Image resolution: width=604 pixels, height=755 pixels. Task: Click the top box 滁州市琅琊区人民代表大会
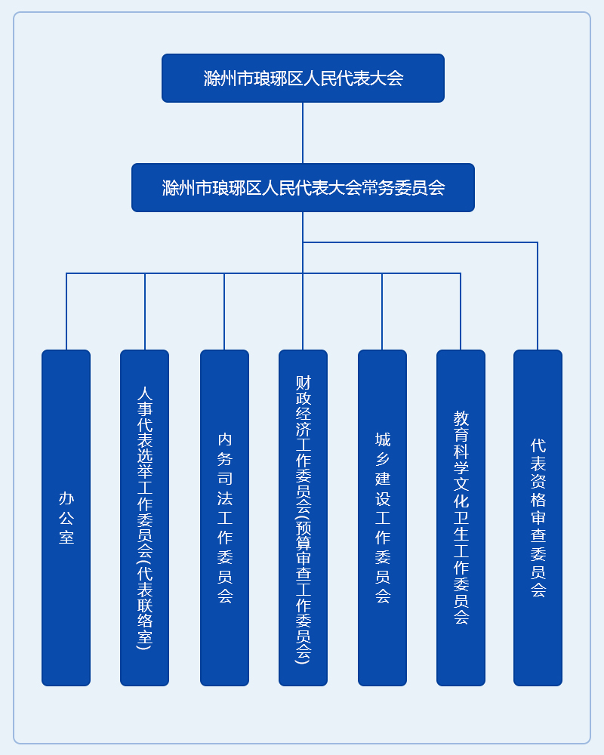click(x=303, y=78)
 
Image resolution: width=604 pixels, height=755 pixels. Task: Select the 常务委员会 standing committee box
click(x=303, y=188)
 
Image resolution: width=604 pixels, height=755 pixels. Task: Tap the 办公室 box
click(x=66, y=518)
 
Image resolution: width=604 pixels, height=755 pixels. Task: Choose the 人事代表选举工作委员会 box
click(x=144, y=518)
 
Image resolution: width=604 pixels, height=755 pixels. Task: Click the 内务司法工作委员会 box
click(x=224, y=518)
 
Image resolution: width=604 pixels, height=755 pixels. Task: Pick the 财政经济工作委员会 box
click(x=303, y=518)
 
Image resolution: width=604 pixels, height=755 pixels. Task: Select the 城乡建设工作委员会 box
click(x=383, y=518)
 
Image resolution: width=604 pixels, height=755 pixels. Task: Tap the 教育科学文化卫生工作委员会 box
click(x=461, y=518)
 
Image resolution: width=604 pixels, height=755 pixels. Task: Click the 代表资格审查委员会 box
click(x=538, y=518)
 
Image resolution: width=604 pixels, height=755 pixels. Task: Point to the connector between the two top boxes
click(x=303, y=133)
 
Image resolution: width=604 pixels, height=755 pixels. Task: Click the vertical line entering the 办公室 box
click(x=66, y=312)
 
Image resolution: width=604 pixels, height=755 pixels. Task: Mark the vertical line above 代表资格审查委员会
click(x=538, y=296)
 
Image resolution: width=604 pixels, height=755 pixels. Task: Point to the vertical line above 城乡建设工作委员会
click(x=382, y=312)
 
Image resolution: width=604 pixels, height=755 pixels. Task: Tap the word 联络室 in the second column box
click(x=144, y=621)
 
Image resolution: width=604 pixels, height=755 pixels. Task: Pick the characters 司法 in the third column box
click(x=225, y=488)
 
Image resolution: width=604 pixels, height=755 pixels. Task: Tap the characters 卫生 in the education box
click(x=461, y=525)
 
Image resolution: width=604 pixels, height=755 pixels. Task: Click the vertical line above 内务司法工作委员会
click(x=224, y=312)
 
